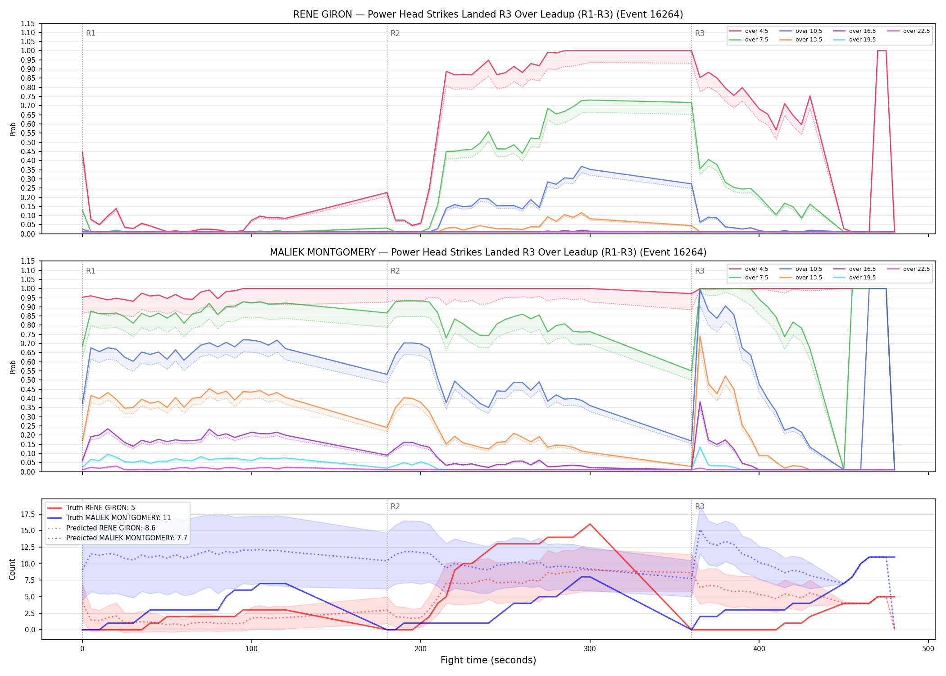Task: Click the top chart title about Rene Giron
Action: pos(488,14)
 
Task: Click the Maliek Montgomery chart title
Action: pos(488,252)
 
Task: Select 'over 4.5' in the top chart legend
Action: pos(756,31)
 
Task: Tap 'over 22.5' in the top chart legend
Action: pos(916,31)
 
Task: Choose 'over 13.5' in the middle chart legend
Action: pos(809,278)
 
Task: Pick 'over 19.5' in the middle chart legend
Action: pos(862,278)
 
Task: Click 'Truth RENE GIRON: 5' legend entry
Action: pos(100,508)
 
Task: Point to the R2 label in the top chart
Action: pos(395,33)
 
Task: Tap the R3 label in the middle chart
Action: pos(700,271)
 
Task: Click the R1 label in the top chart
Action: pos(91,33)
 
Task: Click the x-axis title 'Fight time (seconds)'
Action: pos(488,660)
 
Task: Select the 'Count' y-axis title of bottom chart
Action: pos(12,569)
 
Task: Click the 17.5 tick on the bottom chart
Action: pos(28,514)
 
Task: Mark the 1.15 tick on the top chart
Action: pos(28,23)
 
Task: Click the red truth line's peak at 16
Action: pos(590,524)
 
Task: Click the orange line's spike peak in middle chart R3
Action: pos(700,336)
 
